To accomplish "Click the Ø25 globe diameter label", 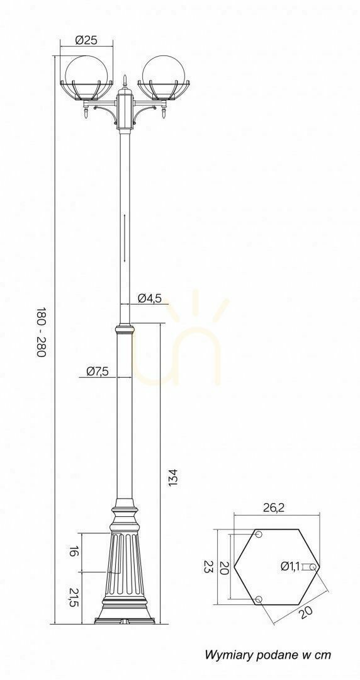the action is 86,40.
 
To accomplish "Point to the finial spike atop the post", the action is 125,81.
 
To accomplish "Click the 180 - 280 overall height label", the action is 41,332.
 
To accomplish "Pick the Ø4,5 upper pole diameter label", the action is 150,298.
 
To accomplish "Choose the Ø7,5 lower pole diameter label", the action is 97,371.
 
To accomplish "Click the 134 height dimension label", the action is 174,477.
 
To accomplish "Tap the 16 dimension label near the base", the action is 74,552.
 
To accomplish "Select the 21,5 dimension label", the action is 74,598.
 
